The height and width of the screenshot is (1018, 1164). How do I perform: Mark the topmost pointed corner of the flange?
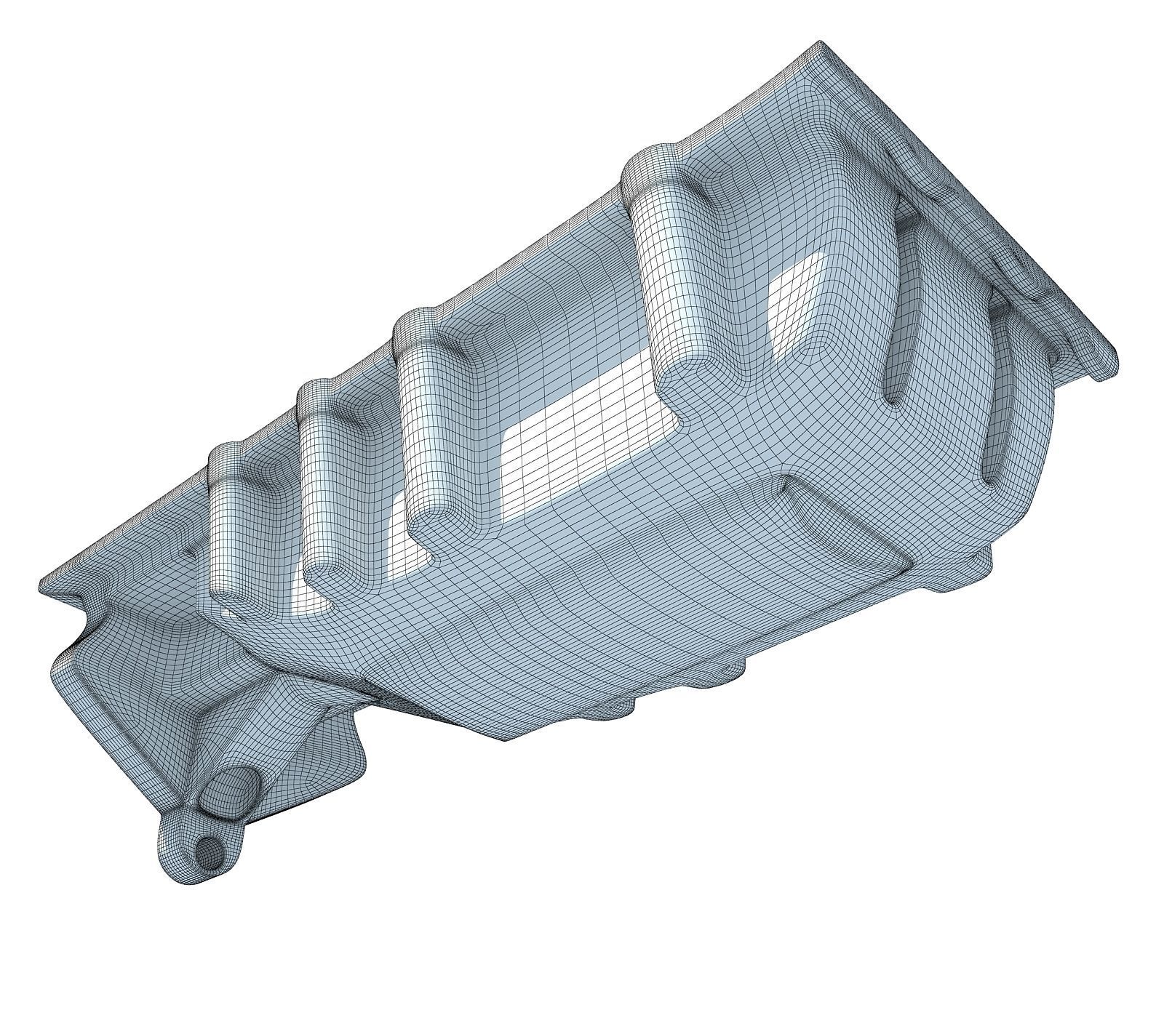tap(820, 42)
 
